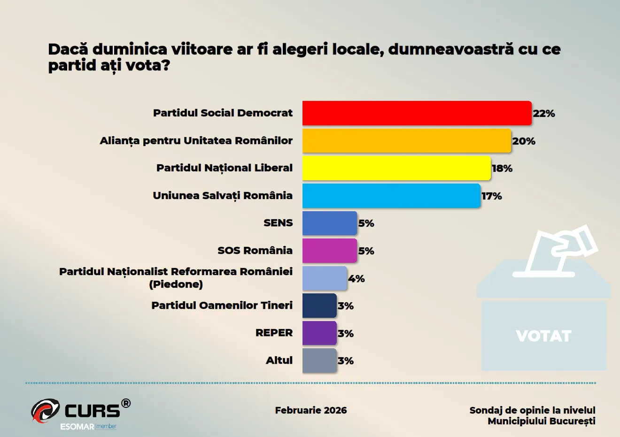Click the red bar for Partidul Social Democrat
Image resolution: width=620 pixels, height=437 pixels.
coord(417,113)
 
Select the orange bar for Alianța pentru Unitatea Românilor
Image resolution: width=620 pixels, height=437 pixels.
coord(406,141)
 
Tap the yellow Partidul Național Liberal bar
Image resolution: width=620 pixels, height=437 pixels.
coord(396,168)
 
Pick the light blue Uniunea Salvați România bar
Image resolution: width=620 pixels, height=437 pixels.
coord(391,196)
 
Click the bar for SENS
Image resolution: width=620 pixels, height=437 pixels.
coord(329,223)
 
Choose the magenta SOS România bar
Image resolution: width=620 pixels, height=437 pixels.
coord(329,251)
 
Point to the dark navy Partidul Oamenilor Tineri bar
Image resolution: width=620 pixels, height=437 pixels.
coord(319,306)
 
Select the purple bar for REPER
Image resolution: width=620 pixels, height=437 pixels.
coord(319,333)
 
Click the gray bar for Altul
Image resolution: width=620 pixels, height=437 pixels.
coord(319,360)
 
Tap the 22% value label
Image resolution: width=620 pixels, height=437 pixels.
coord(544,114)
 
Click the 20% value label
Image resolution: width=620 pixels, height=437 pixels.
coord(524,141)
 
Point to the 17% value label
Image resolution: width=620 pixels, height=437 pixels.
coord(492,196)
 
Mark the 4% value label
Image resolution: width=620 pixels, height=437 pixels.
coord(356,279)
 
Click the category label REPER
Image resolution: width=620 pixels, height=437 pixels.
coord(274,333)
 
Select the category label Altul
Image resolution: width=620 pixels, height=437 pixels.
coord(279,360)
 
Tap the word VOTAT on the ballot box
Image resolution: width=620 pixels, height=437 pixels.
coord(543,336)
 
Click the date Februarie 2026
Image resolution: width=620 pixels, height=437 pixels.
coord(311,410)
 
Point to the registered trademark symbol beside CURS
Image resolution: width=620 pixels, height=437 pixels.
coord(126,403)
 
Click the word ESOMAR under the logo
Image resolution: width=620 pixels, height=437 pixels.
coord(77,427)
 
